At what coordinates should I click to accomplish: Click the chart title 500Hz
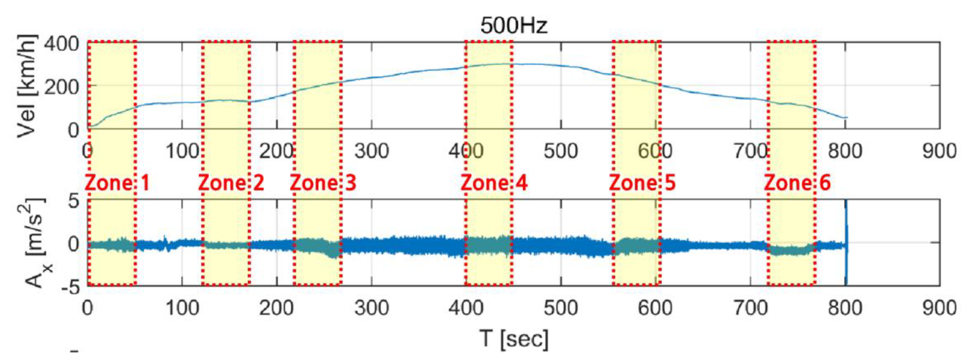click(x=513, y=26)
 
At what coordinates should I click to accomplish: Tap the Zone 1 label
click(x=117, y=183)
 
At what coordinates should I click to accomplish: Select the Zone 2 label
click(x=231, y=183)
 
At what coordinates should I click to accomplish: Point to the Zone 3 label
click(x=323, y=183)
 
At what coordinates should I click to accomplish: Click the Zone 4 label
click(x=494, y=183)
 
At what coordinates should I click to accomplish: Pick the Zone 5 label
click(x=643, y=183)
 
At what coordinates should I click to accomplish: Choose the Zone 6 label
click(x=798, y=183)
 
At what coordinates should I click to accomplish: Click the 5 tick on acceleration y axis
click(x=74, y=201)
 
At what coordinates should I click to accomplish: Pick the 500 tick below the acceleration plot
click(x=560, y=308)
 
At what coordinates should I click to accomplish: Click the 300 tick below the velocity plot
click(x=371, y=151)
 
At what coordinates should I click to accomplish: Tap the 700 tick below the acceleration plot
click(x=750, y=308)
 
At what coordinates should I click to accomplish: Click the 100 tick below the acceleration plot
click(x=182, y=308)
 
